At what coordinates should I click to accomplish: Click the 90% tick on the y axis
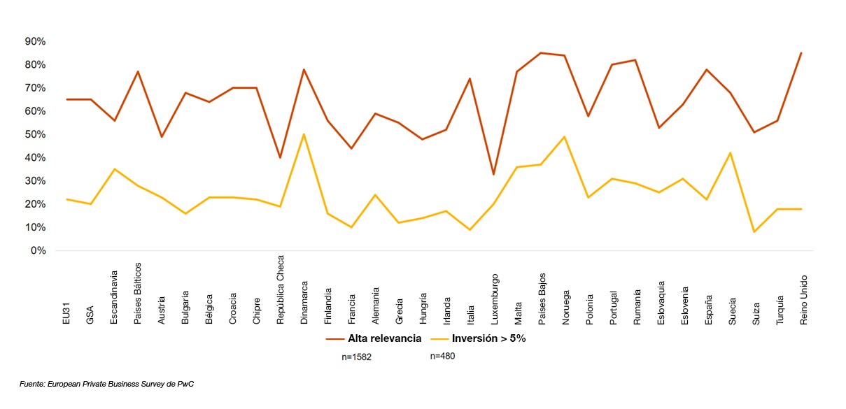click(34, 42)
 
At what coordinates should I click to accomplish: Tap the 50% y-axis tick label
click(34, 134)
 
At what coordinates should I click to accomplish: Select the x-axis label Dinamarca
click(304, 302)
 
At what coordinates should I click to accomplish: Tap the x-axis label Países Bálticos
click(138, 294)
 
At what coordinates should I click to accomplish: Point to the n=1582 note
click(358, 357)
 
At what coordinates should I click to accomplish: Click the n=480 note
click(443, 356)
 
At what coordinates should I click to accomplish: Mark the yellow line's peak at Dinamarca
click(304, 134)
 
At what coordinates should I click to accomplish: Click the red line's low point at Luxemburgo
click(494, 174)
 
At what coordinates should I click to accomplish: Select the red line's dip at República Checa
click(281, 158)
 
